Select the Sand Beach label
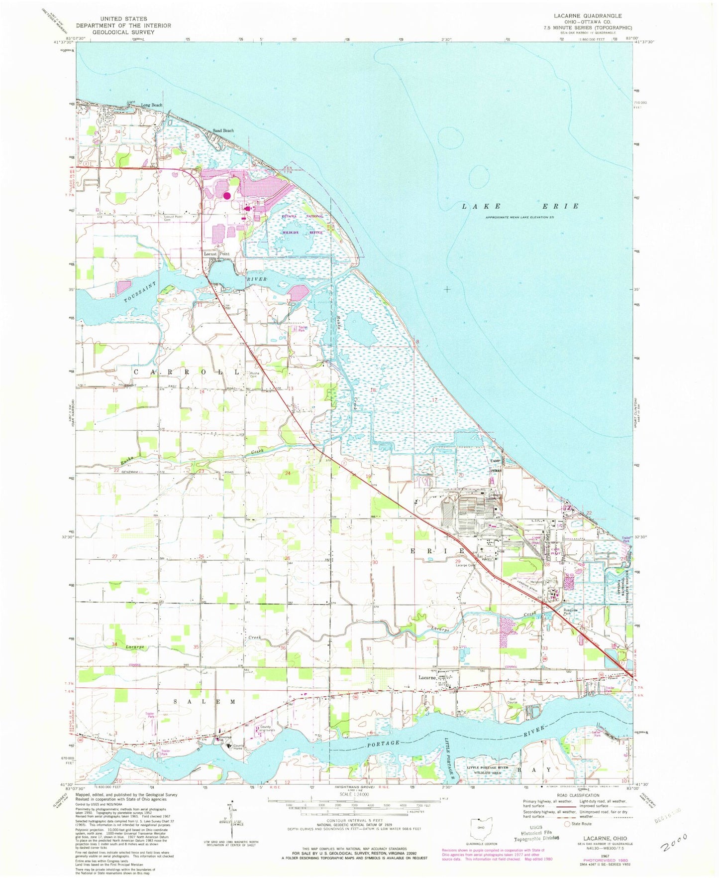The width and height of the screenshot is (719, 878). pos(223,130)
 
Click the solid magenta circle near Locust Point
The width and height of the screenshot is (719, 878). pos(227,195)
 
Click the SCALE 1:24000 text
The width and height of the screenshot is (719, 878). pos(347,793)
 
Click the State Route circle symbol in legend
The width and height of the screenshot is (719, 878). pos(566,824)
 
